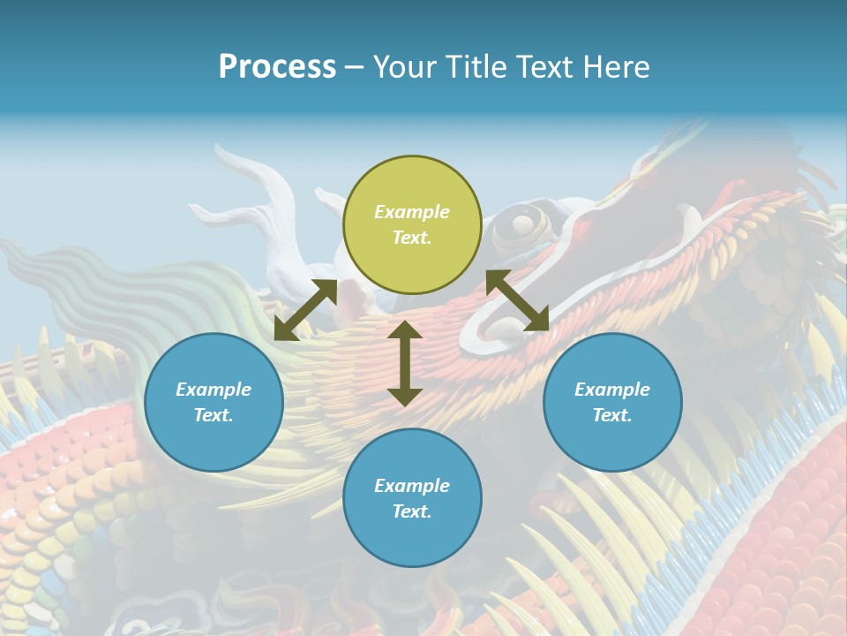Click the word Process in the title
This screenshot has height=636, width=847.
pos(277,67)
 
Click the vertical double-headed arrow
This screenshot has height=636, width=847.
pos(405,363)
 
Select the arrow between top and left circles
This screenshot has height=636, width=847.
pos(305,310)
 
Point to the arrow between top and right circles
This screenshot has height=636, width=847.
pos(517,300)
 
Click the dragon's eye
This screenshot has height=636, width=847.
pos(522,223)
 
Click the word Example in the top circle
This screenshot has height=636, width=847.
pos(412,212)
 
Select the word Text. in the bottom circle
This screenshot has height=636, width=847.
pos(412,511)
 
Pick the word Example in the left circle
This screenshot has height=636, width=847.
pos(214,390)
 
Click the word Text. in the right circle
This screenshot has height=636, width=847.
pos(612,415)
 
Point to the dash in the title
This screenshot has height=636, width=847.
pos(354,67)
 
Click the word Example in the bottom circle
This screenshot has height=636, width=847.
pos(412,486)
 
